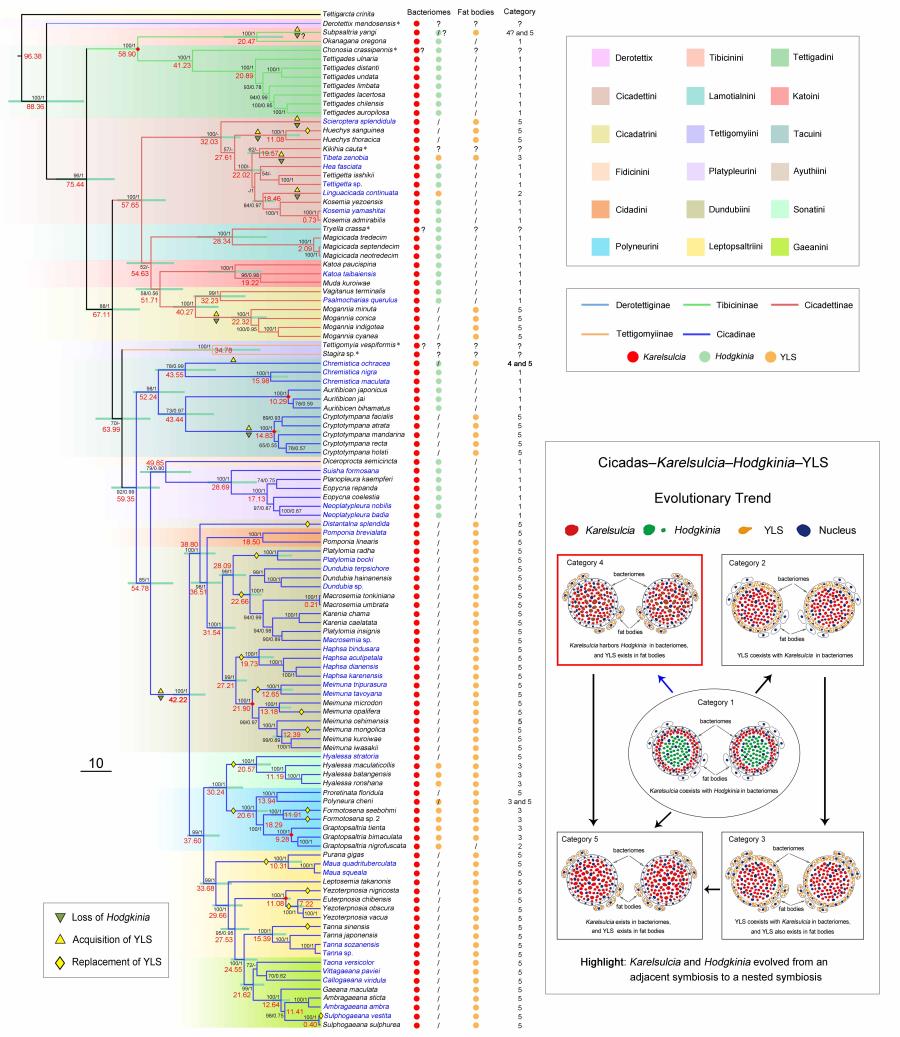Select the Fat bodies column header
[476, 11]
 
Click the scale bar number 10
[97, 764]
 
